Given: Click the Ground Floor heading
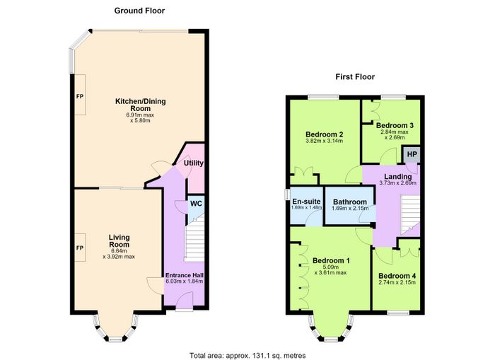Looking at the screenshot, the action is click(x=139, y=11).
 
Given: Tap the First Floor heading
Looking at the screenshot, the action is click(x=355, y=76).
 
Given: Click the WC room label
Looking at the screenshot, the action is click(x=196, y=204).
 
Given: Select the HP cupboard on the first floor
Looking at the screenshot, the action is click(x=411, y=154).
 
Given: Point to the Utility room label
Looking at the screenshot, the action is click(x=194, y=163).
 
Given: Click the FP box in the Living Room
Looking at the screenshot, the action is click(x=80, y=248).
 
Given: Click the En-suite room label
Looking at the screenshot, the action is click(x=306, y=202).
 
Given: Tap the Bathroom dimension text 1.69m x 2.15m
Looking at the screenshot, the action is click(x=350, y=209).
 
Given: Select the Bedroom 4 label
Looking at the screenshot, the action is click(x=397, y=276).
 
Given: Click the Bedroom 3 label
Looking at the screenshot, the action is click(x=395, y=125).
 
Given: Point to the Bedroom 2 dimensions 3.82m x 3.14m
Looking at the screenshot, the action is click(x=324, y=141).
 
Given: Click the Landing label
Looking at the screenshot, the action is click(x=397, y=177).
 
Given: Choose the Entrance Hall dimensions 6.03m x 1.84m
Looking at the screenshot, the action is click(x=185, y=281).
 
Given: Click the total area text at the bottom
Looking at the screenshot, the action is click(x=248, y=356).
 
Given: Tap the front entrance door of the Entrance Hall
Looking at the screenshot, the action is click(x=185, y=301).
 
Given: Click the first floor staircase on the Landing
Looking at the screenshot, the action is click(x=410, y=215).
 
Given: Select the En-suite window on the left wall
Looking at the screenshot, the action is click(x=287, y=194).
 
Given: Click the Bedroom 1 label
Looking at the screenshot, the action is click(x=331, y=260).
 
